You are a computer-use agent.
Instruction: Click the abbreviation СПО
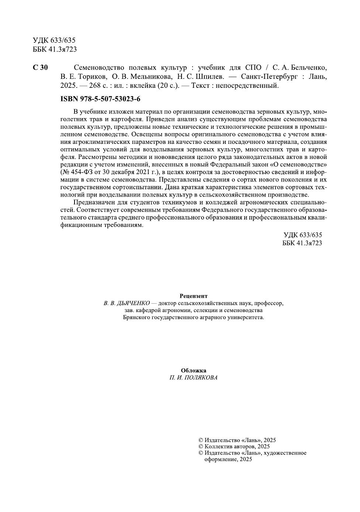tap(253, 68)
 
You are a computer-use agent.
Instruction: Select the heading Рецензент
tap(194, 296)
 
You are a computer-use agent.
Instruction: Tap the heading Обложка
tap(194, 370)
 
